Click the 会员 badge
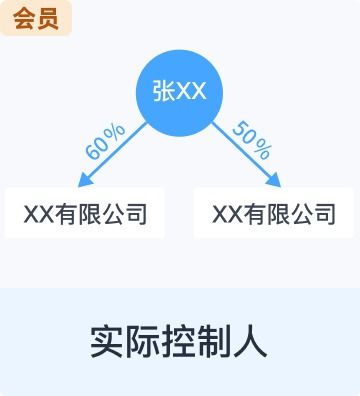click(x=35, y=18)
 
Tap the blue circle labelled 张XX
click(x=179, y=91)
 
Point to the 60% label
click(x=106, y=141)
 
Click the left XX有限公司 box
click(x=84, y=213)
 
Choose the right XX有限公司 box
click(x=273, y=213)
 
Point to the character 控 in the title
click(x=179, y=341)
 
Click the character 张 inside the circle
click(x=163, y=91)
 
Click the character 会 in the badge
click(x=24, y=18)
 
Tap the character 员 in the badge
click(x=46, y=18)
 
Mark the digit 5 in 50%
click(x=240, y=129)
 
